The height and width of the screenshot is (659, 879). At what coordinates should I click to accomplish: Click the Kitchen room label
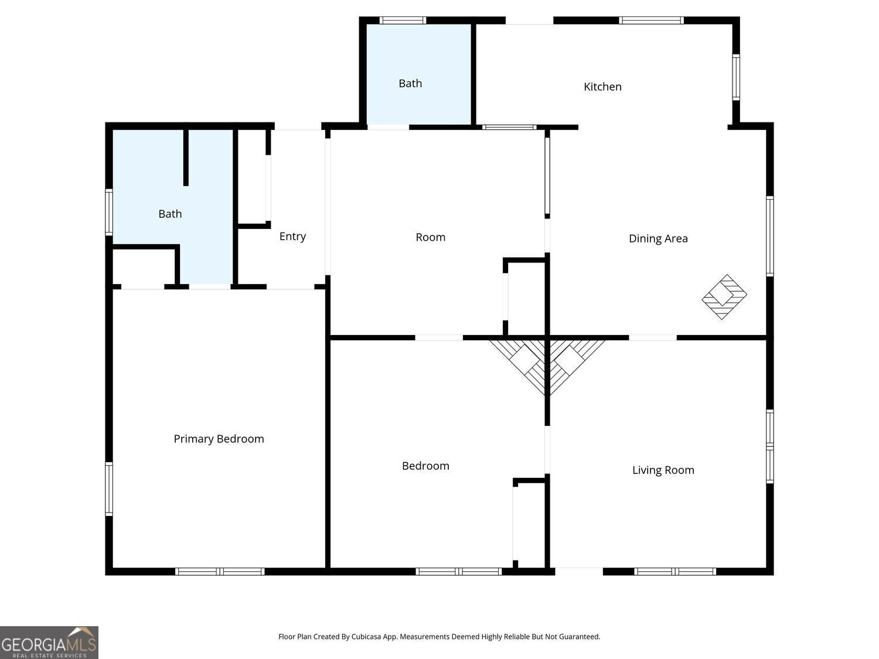click(602, 87)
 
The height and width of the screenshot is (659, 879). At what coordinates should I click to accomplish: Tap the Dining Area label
click(658, 238)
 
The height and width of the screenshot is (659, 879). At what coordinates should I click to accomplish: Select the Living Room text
click(663, 470)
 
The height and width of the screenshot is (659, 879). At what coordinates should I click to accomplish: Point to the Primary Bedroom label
click(219, 439)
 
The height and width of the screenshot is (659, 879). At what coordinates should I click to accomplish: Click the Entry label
click(292, 236)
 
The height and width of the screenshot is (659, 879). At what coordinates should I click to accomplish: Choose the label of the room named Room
click(430, 237)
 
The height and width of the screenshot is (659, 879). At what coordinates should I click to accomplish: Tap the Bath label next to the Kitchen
click(410, 83)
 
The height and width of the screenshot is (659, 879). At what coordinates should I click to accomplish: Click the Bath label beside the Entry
click(170, 214)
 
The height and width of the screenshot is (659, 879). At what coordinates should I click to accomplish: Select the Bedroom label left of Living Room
click(425, 466)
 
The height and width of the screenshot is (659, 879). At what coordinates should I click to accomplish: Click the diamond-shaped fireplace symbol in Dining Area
click(724, 297)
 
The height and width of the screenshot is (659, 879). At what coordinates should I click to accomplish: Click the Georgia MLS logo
click(49, 643)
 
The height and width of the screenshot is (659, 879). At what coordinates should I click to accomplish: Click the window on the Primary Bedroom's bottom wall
click(220, 571)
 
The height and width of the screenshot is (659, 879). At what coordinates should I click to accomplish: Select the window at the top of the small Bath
click(403, 21)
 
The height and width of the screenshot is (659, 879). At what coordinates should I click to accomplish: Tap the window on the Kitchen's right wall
click(736, 77)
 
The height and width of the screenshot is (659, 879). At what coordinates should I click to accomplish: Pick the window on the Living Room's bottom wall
click(675, 571)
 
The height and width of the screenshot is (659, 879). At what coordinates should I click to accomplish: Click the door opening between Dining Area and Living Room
click(653, 337)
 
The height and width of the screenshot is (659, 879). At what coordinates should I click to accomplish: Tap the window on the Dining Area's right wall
click(770, 235)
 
